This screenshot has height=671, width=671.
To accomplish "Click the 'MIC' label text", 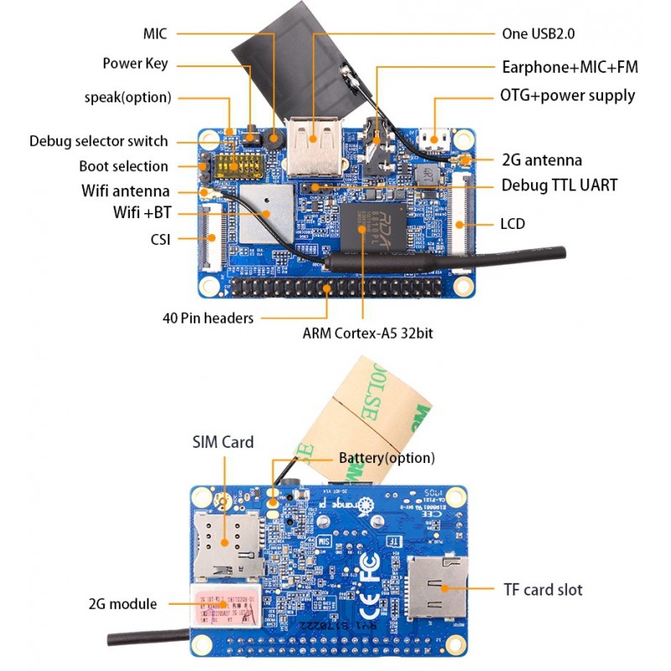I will pos(155,34).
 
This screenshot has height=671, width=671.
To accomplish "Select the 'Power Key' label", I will pos(135,64).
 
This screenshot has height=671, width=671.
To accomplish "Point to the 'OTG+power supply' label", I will pos(568,96).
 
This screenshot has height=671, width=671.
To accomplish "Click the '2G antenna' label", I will pos(542,159).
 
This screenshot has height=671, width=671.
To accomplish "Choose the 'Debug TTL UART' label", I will pos(559,185).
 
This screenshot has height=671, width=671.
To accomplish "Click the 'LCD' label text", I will pos(514,224).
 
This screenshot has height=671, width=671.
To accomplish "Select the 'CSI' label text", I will pos(159,240).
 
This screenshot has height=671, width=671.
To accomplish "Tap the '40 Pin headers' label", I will pos(207,318).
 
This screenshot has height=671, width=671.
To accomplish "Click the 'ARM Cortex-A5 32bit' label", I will pos(367,332).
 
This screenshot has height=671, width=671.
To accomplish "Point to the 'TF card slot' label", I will pos(543,590).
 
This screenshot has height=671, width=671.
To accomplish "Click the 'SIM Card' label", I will pos(222,442).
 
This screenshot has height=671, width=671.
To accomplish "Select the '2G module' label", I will pos(122,604).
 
